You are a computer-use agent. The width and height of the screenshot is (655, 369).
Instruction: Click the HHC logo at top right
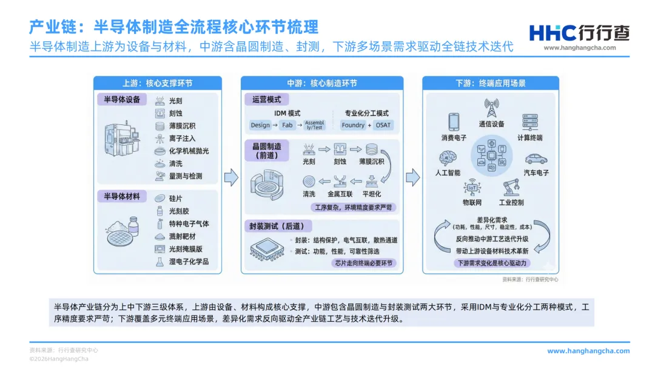click(x=579, y=33)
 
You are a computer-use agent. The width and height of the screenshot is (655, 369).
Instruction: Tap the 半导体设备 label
click(x=122, y=100)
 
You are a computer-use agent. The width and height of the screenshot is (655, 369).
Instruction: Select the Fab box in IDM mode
click(x=287, y=125)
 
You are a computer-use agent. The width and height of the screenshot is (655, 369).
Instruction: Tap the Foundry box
click(x=353, y=125)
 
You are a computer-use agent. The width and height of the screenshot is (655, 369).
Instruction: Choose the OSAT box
click(x=383, y=125)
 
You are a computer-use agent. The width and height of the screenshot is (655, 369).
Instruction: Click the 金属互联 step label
click(x=340, y=194)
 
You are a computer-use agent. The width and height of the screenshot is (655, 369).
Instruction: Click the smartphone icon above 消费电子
click(x=454, y=122)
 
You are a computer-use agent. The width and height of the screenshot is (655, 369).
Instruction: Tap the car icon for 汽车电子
click(x=536, y=159)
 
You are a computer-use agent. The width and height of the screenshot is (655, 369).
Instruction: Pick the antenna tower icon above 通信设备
click(x=491, y=108)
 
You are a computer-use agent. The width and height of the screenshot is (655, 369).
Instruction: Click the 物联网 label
click(x=472, y=202)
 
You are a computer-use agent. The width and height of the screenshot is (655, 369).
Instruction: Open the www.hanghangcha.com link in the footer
click(x=588, y=351)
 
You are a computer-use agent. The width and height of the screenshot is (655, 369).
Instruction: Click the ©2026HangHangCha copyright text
click(x=59, y=359)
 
